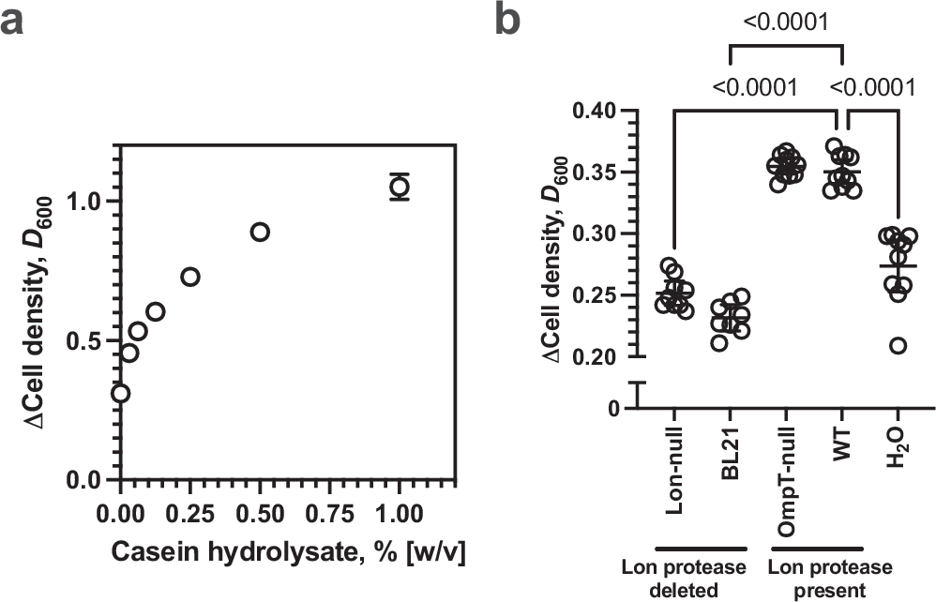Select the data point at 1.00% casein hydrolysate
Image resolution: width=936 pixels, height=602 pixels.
click(400, 187)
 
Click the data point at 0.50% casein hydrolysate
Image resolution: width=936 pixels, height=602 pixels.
click(260, 232)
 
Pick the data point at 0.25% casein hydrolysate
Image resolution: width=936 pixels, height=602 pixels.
click(190, 277)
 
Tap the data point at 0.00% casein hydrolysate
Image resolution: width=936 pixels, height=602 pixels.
click(120, 393)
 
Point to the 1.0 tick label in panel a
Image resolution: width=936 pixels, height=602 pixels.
click(86, 202)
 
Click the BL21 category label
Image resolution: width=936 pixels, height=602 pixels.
click(730, 459)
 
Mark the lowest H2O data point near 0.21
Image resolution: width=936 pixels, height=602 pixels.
click(898, 346)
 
